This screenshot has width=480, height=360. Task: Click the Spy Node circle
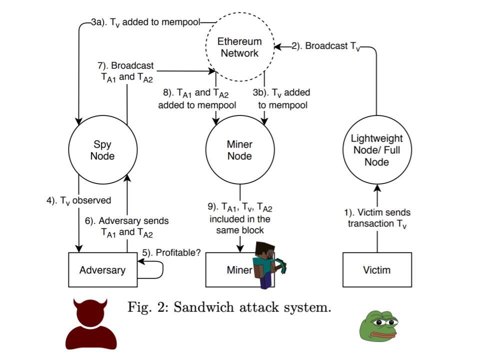tap(102, 150)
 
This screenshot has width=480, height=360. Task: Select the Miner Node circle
tap(240, 150)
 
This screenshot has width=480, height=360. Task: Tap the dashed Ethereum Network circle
tap(240, 47)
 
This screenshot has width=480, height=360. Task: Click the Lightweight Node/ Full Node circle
tap(377, 150)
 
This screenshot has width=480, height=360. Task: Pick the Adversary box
tap(102, 270)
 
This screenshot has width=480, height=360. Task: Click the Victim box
tap(377, 270)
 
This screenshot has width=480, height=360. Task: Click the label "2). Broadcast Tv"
tap(325, 46)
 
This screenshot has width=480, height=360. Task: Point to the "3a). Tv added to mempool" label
tap(145, 22)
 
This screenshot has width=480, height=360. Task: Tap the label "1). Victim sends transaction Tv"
tap(377, 218)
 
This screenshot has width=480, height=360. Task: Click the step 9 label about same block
tap(240, 218)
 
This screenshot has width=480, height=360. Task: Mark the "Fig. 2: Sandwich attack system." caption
tap(229, 307)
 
